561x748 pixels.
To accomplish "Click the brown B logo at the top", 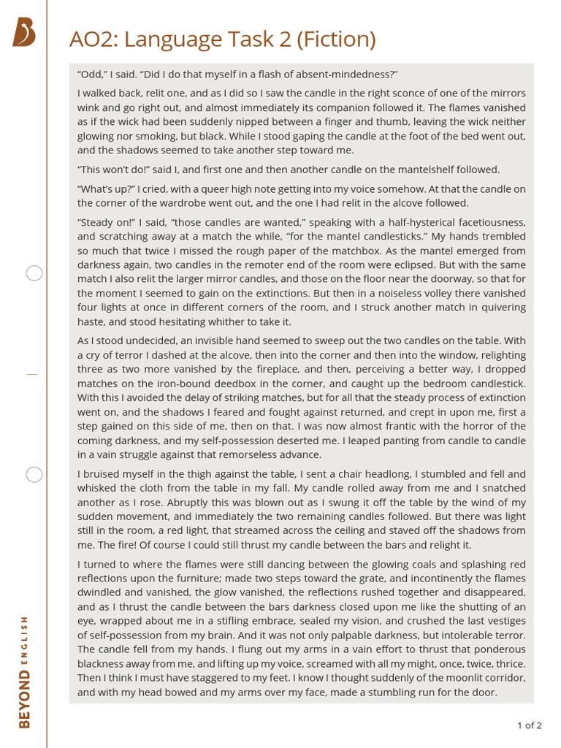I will click(x=24, y=33).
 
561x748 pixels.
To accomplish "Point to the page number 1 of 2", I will click(x=529, y=725).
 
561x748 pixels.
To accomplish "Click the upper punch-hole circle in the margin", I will click(x=34, y=274).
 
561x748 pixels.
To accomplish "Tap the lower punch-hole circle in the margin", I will click(x=34, y=475).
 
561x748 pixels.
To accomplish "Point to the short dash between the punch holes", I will click(x=31, y=374).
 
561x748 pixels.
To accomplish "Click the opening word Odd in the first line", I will click(x=91, y=75).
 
